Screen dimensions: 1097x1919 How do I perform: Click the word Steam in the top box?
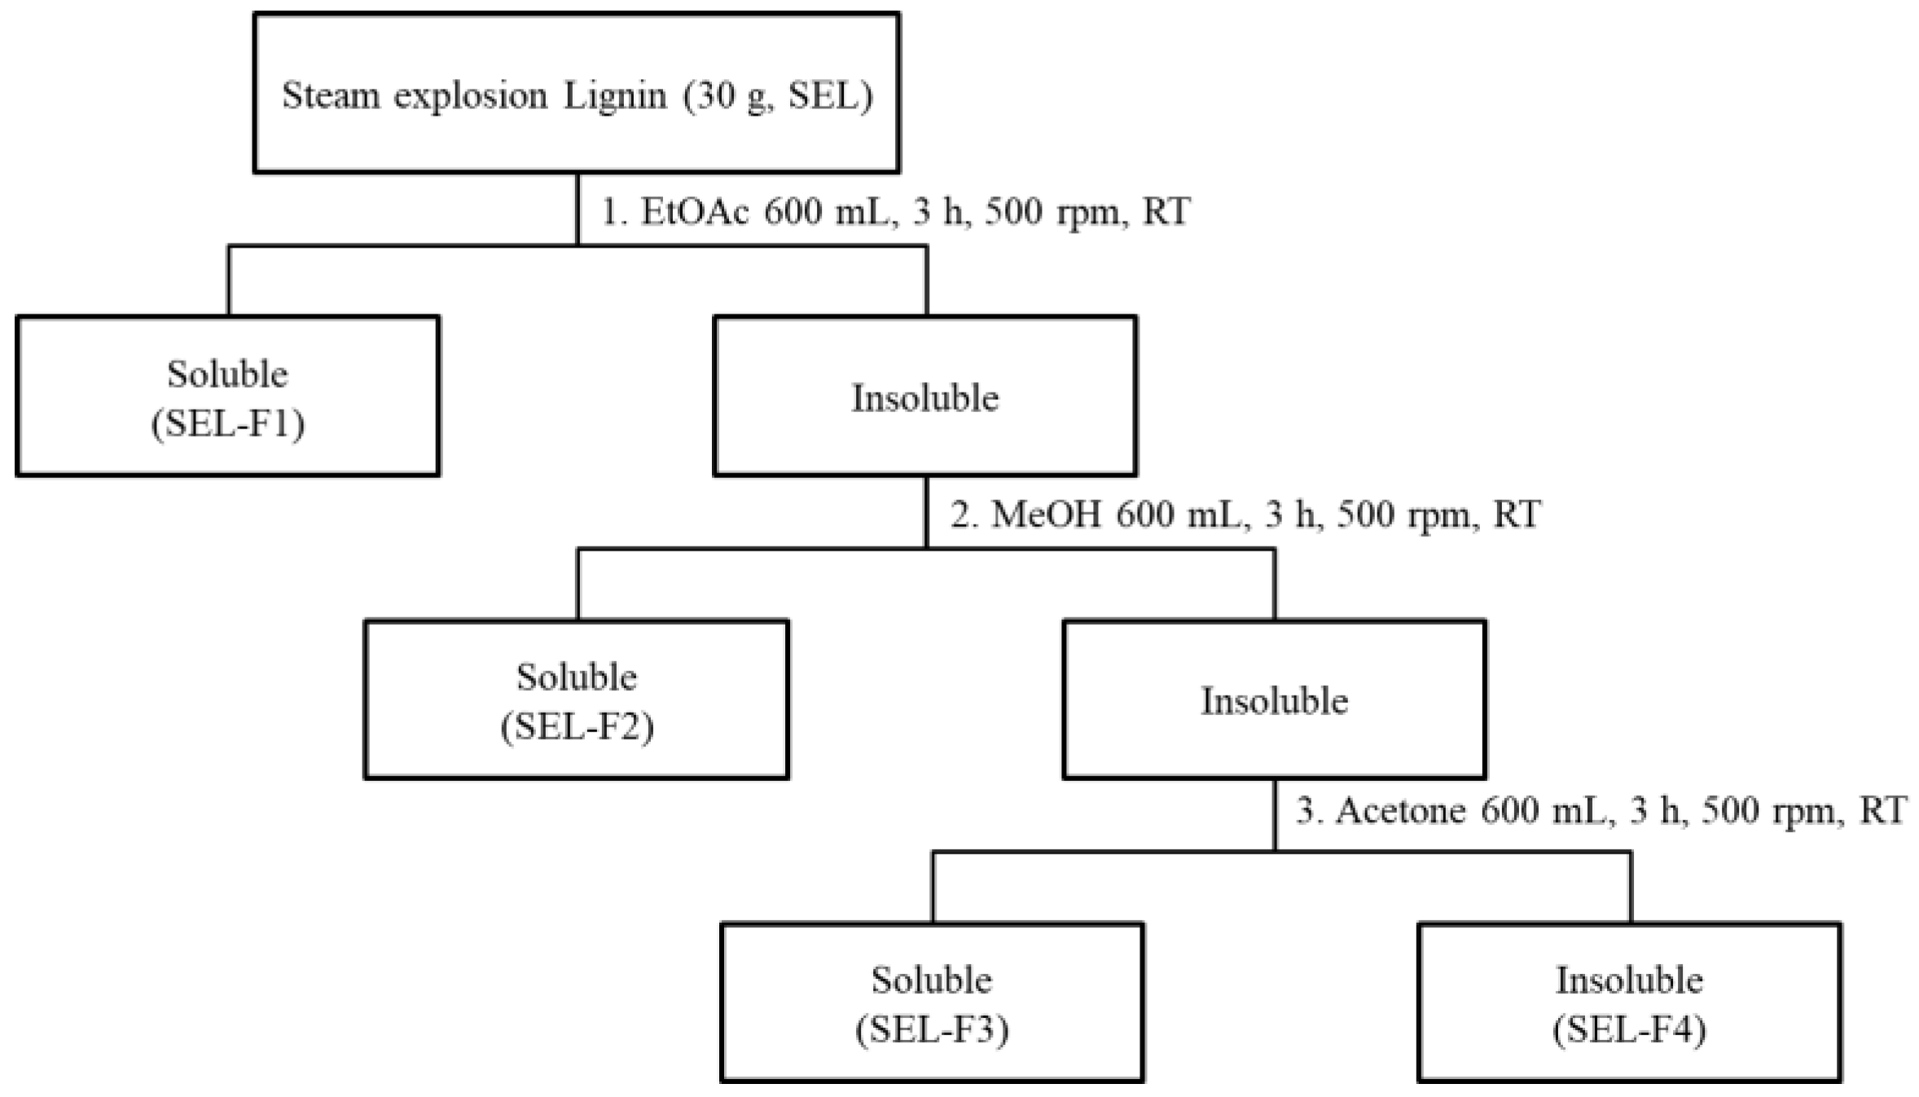coord(331,95)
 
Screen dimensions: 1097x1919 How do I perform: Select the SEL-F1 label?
coord(228,424)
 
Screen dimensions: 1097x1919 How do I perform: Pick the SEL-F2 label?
coord(577,727)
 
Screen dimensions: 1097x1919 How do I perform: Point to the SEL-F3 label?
coord(932,1030)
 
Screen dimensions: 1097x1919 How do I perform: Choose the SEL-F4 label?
coord(1629,1030)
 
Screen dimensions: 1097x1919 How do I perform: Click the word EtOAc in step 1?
coord(695,213)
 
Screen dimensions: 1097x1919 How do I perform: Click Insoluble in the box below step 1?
coord(924,398)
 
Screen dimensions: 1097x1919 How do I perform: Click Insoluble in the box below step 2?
coord(1274,701)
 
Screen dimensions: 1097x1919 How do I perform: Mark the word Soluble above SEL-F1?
coord(227,374)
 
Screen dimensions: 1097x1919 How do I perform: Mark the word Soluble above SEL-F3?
coord(932,980)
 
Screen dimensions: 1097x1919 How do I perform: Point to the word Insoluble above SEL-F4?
coord(1629,980)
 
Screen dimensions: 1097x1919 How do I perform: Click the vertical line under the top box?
coord(577,208)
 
